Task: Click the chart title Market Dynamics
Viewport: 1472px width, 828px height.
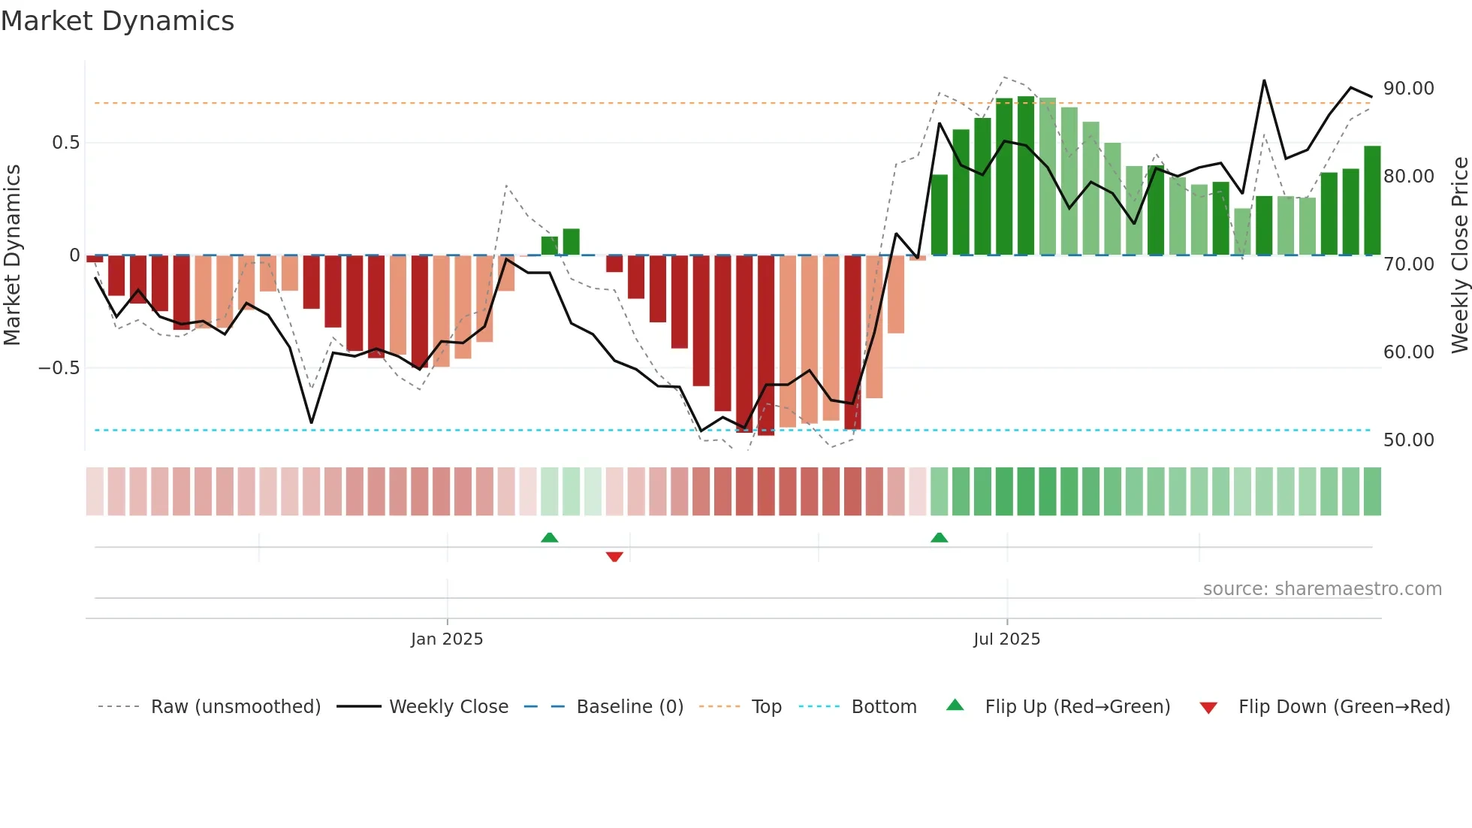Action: (117, 21)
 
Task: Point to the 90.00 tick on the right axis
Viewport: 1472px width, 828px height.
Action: (1408, 89)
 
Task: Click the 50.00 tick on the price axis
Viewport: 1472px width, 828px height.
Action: (1408, 440)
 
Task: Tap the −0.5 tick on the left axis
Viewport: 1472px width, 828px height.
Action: (59, 368)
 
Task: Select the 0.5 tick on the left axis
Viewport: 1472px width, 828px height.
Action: (65, 143)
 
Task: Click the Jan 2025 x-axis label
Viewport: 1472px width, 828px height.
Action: (447, 639)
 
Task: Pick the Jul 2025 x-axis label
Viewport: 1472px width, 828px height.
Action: (1006, 639)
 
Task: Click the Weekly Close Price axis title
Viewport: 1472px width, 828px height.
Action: (1459, 255)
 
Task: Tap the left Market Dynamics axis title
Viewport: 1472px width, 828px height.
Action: (12, 255)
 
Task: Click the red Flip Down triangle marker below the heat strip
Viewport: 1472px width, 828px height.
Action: (614, 557)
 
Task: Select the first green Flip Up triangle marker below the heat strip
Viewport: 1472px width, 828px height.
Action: (550, 537)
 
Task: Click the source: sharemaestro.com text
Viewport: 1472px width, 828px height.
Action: (1322, 589)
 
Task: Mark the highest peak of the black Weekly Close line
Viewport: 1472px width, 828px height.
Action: (1264, 80)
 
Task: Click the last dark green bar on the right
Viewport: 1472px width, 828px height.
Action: (1372, 201)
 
